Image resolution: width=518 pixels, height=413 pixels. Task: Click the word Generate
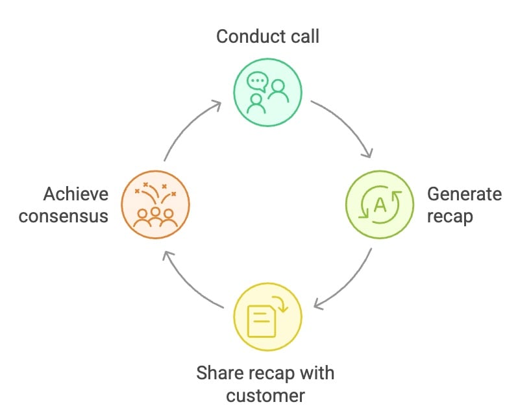464,194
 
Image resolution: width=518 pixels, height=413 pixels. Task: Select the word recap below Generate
450,215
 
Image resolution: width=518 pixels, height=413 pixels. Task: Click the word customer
267,394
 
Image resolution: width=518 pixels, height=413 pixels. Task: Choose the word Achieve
75,194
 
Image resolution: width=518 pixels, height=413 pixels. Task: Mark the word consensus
63,215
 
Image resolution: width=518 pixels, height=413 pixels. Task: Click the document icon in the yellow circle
262,318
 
